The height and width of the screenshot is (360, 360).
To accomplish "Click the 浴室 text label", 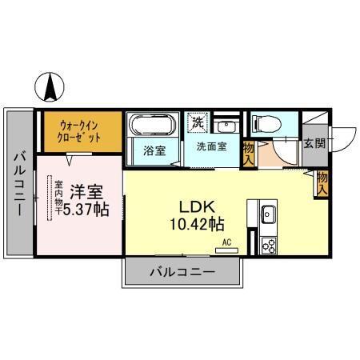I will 154,149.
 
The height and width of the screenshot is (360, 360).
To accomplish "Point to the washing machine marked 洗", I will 197,123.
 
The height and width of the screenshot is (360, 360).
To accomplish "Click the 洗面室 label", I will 211,146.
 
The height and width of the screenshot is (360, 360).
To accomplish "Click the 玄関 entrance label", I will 314,144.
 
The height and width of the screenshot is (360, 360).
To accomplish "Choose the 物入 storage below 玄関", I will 322,184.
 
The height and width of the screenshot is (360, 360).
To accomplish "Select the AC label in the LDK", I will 226,241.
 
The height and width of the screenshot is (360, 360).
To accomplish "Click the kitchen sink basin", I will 267,215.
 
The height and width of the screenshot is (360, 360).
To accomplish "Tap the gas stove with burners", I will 266,245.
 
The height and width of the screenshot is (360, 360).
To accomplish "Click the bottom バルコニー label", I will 182,272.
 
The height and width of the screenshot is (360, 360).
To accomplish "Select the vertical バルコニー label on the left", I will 18,183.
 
